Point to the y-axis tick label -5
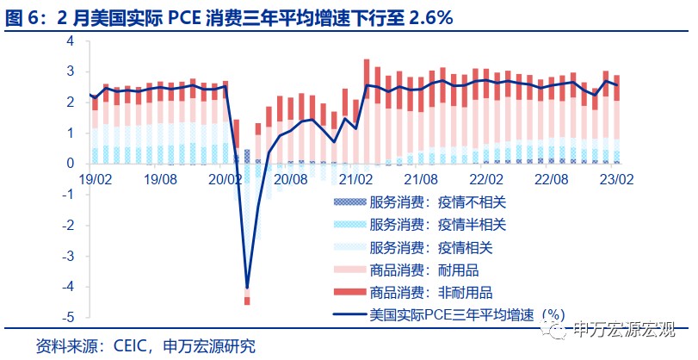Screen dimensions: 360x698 click(x=67, y=317)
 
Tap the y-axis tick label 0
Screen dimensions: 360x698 click(x=71, y=163)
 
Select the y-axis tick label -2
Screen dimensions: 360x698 click(x=67, y=225)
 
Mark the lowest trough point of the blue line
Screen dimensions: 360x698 click(x=247, y=288)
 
